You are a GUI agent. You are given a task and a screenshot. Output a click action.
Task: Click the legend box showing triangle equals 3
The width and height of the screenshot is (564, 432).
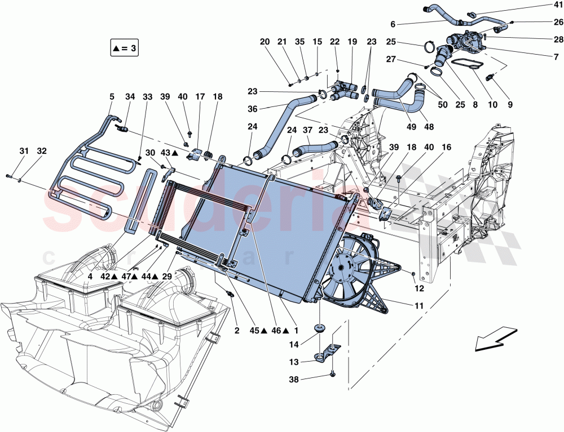click(124, 48)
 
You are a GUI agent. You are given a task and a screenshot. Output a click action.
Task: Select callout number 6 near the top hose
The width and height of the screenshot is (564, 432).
click(393, 24)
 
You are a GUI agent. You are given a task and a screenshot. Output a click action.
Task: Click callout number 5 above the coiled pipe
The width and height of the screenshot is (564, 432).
click(111, 96)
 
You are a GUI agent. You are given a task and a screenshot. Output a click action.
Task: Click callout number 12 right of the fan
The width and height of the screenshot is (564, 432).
click(418, 288)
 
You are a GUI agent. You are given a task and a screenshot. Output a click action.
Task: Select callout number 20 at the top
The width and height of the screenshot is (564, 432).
click(265, 42)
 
